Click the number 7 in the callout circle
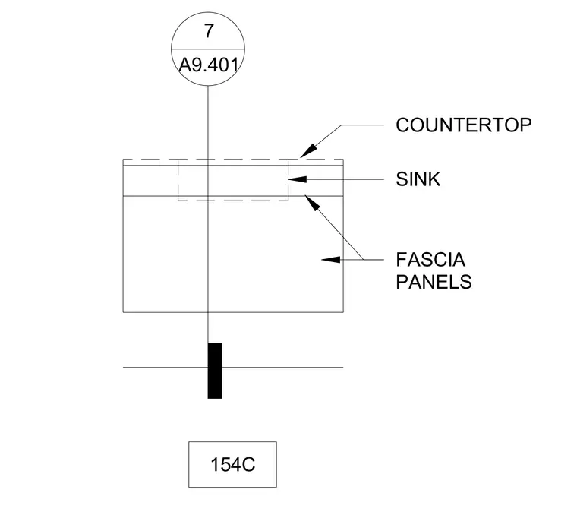click(209, 31)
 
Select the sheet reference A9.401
click(209, 65)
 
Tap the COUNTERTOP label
click(464, 125)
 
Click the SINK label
click(418, 179)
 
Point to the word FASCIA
click(430, 260)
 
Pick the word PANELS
click(434, 282)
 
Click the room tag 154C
click(232, 464)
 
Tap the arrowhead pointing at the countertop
click(308, 150)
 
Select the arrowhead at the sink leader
click(298, 179)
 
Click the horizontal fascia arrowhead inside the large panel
click(331, 260)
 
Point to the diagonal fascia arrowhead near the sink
click(311, 203)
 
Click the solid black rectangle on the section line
click(215, 371)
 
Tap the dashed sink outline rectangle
click(178, 180)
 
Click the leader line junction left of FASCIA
click(363, 260)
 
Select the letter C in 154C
click(249, 464)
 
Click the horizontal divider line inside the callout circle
click(208, 49)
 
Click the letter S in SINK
click(402, 179)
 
